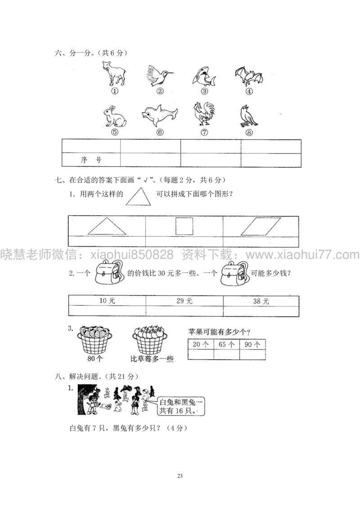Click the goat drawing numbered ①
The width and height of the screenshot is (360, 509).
click(x=114, y=74)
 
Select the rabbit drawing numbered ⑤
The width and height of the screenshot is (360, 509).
click(x=113, y=116)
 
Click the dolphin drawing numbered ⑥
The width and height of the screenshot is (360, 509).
click(x=158, y=117)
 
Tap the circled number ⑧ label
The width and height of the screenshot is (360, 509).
click(x=249, y=132)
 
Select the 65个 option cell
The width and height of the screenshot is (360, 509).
click(x=226, y=344)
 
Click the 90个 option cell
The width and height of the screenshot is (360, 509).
click(x=252, y=344)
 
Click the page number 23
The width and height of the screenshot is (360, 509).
click(x=180, y=475)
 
